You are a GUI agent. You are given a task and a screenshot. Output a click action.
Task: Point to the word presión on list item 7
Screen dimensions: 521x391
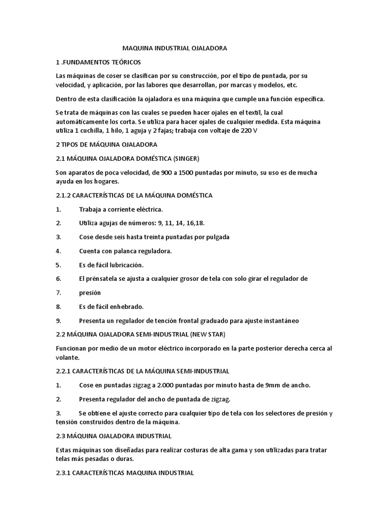[90, 293]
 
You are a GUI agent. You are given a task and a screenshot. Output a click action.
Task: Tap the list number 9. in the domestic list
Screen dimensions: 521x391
[59, 321]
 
